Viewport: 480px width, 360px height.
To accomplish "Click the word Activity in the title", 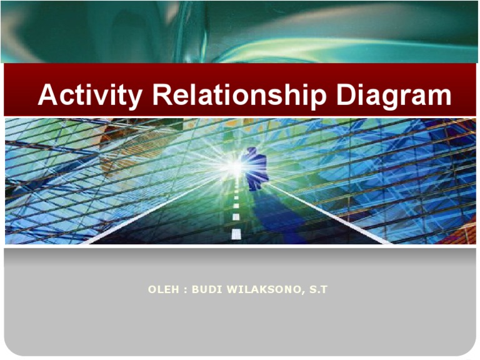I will point(91,96).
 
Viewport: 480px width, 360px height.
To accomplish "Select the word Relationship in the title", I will point(241,96).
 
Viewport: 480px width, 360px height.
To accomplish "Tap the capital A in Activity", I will point(49,96).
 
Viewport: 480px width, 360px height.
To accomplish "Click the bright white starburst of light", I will point(234,166).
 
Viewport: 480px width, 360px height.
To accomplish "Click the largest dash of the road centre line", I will point(236,234).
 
